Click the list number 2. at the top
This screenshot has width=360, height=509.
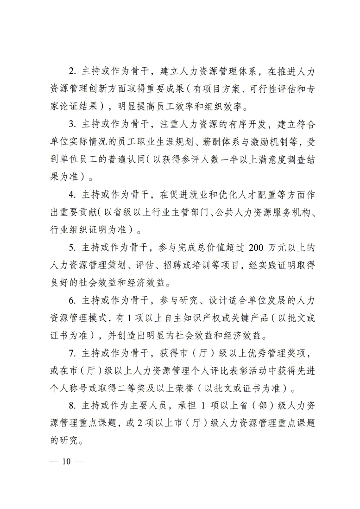(x=72, y=72)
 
